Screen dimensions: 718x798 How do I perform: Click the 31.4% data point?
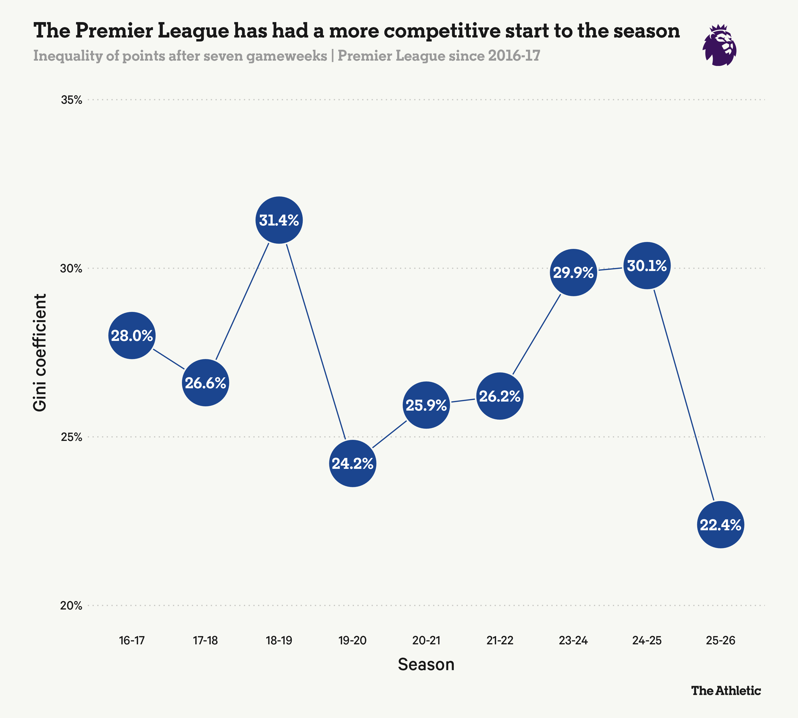click(279, 220)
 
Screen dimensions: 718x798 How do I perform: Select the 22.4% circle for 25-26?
click(721, 525)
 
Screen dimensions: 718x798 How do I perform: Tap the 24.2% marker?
click(352, 464)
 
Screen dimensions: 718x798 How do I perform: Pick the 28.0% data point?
click(132, 336)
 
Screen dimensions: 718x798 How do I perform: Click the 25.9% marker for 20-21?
click(426, 405)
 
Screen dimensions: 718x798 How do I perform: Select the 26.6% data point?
click(205, 383)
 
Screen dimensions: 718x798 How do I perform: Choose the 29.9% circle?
click(573, 273)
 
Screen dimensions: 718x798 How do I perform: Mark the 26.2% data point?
click(500, 396)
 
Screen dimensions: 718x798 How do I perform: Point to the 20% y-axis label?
click(72, 606)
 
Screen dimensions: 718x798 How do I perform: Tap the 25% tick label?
click(72, 437)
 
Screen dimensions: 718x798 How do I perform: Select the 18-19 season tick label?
click(279, 641)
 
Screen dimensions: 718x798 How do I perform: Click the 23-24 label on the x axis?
click(573, 641)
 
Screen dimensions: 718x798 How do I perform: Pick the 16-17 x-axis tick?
click(132, 641)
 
